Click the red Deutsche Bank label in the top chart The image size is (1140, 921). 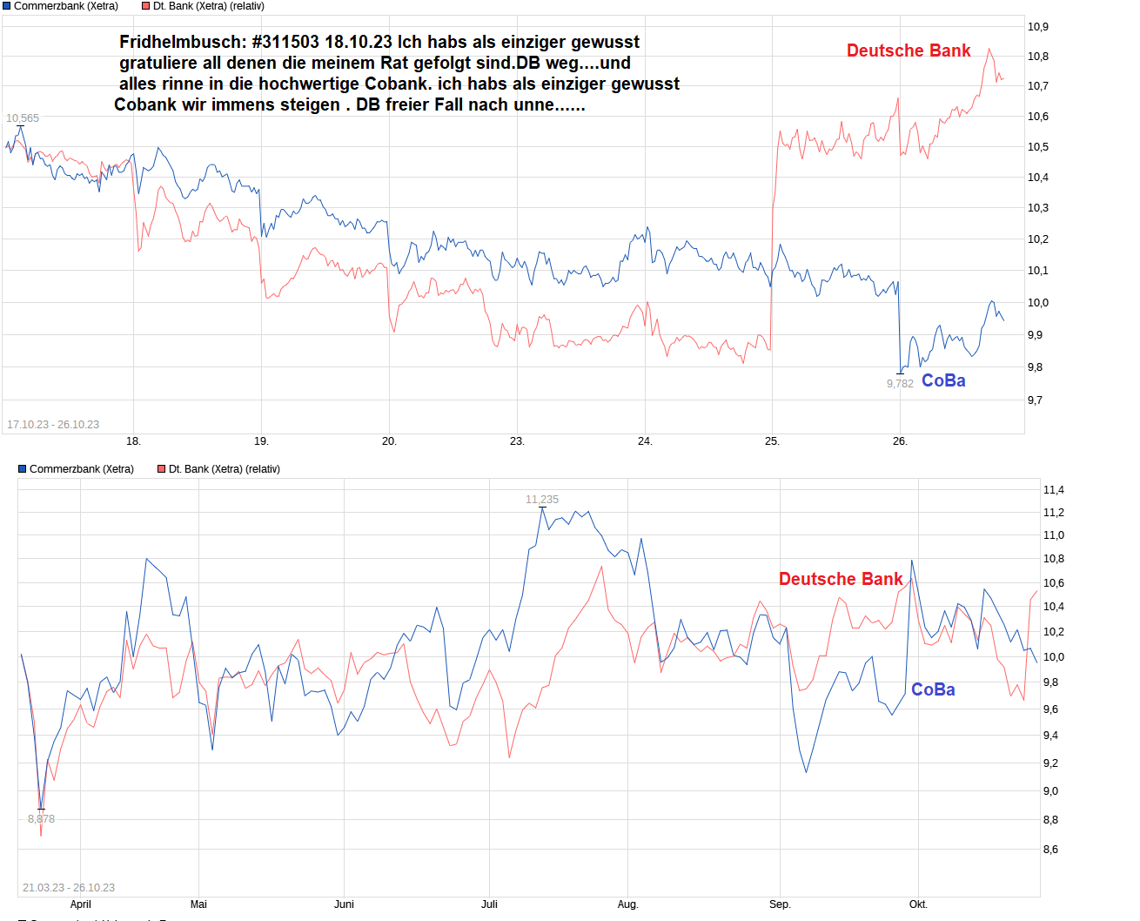(x=909, y=50)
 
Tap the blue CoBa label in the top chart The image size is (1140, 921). (x=943, y=380)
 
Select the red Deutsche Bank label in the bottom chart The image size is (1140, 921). (x=841, y=579)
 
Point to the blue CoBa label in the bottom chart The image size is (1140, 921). (x=933, y=689)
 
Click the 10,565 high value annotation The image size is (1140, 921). (x=23, y=118)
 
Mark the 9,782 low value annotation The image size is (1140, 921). (x=900, y=384)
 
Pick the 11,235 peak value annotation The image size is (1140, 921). (x=542, y=500)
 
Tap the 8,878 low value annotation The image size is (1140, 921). (x=41, y=819)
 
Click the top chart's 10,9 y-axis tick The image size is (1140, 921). (x=1037, y=27)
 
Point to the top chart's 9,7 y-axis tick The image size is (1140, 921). (x=1035, y=400)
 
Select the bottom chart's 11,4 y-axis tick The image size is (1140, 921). (x=1053, y=490)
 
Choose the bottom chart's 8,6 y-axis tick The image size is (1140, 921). (x=1050, y=850)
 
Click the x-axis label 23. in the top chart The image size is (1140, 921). (x=517, y=441)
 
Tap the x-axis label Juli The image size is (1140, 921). (x=489, y=904)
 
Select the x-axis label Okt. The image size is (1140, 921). (x=918, y=904)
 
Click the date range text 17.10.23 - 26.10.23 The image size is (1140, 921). (x=53, y=425)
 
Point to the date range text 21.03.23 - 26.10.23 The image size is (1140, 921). (x=69, y=888)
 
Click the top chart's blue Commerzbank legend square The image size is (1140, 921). (x=7, y=6)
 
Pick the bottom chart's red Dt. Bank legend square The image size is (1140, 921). (x=161, y=469)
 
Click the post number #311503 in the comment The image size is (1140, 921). (x=285, y=42)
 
